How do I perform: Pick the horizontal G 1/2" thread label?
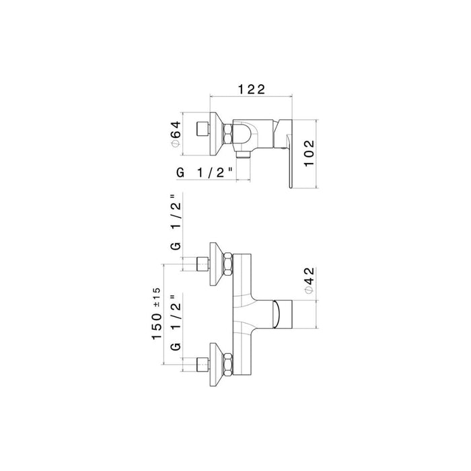click(205, 174)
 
